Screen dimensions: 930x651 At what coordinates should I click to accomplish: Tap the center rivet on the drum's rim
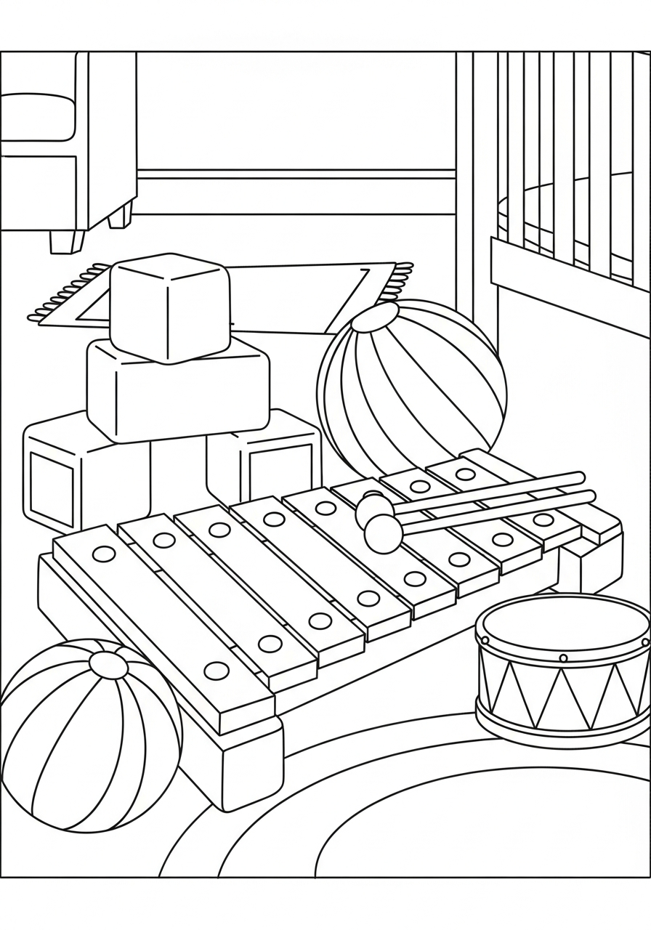click(x=563, y=658)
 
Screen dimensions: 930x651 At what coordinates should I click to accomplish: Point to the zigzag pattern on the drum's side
click(x=559, y=697)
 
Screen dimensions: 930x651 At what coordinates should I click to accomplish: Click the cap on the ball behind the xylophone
click(x=375, y=317)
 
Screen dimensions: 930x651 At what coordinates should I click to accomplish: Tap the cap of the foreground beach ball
click(x=108, y=664)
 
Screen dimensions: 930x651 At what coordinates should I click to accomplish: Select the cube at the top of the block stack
click(x=169, y=308)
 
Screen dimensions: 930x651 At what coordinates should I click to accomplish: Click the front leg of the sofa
click(x=66, y=241)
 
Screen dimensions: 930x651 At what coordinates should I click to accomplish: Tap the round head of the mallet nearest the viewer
click(x=382, y=534)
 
